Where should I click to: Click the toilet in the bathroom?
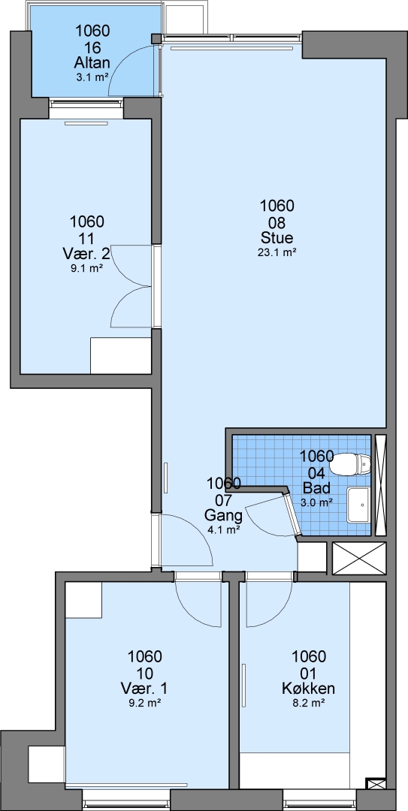pos(352,464)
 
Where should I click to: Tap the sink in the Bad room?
pos(359,505)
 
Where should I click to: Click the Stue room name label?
pos(277,238)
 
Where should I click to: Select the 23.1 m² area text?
pos(277,252)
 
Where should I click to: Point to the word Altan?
pos(92,63)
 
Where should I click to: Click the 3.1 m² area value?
pos(92,77)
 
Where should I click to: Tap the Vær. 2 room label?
pos(87,254)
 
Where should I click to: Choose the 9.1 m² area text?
pos(87,268)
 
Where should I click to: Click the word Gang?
pos(223,516)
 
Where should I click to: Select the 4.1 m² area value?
pos(223,529)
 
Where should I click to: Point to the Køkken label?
pos(309,689)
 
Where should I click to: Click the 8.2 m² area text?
pos(309,703)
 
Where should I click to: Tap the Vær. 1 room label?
pos(144,689)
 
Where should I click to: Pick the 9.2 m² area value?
pos(144,703)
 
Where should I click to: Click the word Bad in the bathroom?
pos(316,488)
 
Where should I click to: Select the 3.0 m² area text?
pos(316,502)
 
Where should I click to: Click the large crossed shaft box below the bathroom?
pos(359,558)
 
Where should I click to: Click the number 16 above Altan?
pos(92,47)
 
